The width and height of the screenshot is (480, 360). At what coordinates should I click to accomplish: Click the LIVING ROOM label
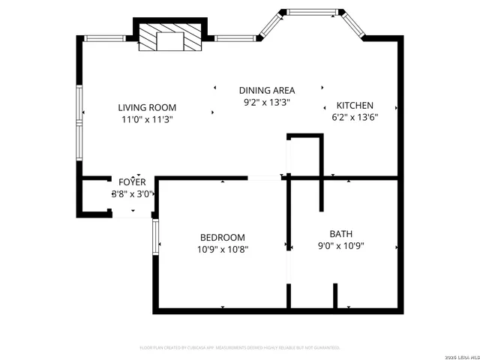coord(147,106)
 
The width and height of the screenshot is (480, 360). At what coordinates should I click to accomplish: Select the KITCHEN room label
coord(354,106)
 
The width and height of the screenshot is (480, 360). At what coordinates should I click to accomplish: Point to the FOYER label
coord(133,181)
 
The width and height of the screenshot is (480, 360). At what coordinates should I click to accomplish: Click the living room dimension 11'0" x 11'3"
coord(147,118)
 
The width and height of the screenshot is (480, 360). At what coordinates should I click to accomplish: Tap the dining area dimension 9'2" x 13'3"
coord(267,102)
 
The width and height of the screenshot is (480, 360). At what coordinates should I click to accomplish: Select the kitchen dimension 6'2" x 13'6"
coord(354,117)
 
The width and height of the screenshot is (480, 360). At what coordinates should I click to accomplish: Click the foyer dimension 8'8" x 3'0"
coord(133,193)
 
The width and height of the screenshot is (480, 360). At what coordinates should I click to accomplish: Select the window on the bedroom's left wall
coord(154,237)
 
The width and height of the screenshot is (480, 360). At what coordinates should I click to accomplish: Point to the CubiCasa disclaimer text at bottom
coord(240,348)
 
